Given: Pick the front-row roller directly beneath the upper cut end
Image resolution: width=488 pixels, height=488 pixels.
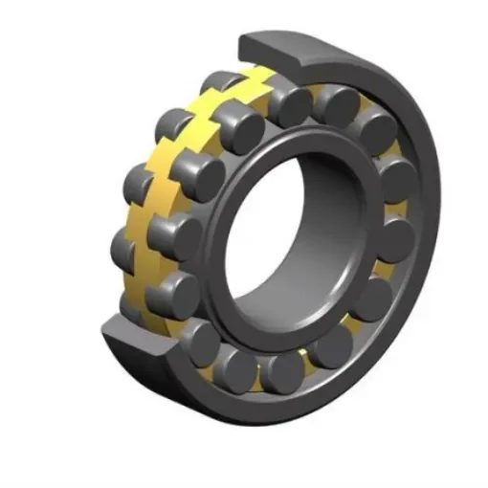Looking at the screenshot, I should pos(287,105).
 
